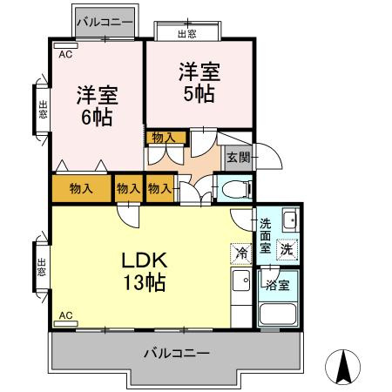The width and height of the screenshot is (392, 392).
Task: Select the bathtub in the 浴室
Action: tap(279, 315)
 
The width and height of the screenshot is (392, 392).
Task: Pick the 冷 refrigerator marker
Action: tap(240, 253)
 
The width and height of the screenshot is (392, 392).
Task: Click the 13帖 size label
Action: tap(139, 282)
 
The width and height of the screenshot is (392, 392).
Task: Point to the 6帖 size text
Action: tap(96, 117)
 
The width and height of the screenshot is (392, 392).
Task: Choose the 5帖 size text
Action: tap(199, 94)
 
